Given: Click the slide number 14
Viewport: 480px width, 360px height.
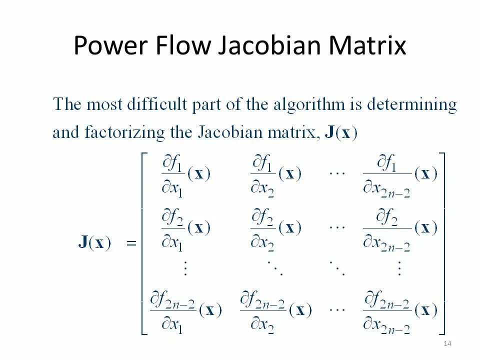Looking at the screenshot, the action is click(x=447, y=343).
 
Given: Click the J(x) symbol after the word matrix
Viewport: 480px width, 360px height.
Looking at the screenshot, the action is click(x=341, y=133).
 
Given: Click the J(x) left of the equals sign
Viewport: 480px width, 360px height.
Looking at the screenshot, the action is click(x=94, y=243).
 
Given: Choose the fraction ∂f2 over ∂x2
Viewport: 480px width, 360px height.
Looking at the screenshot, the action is click(x=263, y=228).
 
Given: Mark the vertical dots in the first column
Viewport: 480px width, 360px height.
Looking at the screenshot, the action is click(x=185, y=268).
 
